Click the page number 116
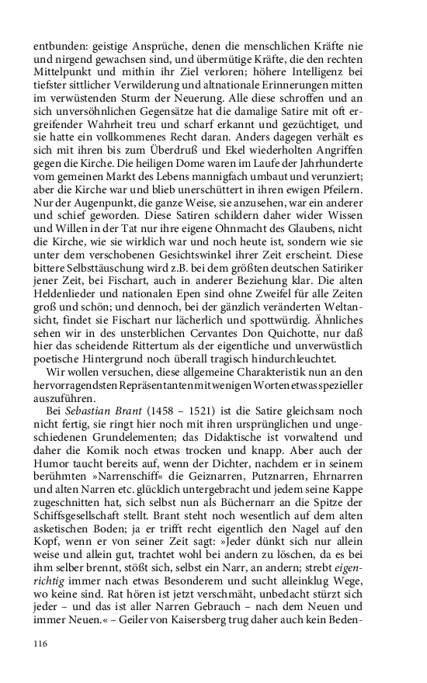click(x=41, y=643)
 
